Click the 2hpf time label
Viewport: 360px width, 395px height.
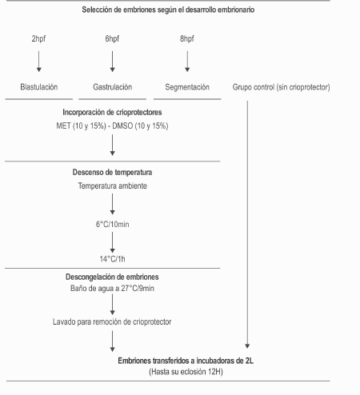click(38, 38)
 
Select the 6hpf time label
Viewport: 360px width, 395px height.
click(112, 38)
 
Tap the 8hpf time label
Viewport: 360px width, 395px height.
click(187, 38)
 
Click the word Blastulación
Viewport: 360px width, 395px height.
click(39, 87)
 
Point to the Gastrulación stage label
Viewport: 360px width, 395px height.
click(113, 87)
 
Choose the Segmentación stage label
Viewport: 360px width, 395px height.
click(187, 87)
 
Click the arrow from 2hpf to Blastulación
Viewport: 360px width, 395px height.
click(39, 62)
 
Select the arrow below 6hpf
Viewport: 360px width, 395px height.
click(112, 62)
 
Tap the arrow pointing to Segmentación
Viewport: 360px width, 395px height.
click(187, 62)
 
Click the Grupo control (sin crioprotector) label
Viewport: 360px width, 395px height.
click(281, 87)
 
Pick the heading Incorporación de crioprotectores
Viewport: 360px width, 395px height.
click(112, 112)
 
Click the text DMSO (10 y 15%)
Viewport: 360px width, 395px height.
click(140, 126)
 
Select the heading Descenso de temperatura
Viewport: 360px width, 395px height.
click(112, 172)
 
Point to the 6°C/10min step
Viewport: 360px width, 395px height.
click(112, 225)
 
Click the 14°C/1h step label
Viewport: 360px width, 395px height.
click(112, 259)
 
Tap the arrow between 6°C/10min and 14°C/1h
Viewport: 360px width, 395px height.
click(112, 242)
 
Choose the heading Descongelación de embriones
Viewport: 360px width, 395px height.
click(112, 277)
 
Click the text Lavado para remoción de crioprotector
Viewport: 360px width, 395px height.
click(112, 321)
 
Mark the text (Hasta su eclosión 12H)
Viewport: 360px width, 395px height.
click(186, 372)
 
